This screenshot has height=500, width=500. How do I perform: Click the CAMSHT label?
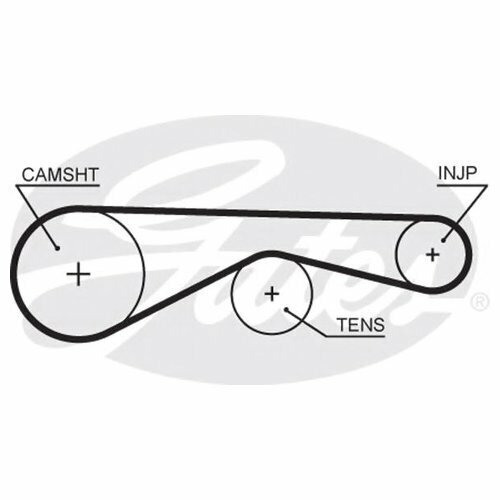pyautogui.click(x=60, y=175)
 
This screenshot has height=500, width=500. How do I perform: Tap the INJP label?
pyautogui.click(x=458, y=173)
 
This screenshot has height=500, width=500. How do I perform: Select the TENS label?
pyautogui.click(x=361, y=325)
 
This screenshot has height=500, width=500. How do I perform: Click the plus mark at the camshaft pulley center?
pyautogui.click(x=79, y=274)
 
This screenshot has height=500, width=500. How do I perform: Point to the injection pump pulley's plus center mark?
pyautogui.click(x=433, y=255)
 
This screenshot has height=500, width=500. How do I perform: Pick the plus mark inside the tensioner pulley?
pyautogui.click(x=272, y=294)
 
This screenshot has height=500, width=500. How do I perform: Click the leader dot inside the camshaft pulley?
pyautogui.click(x=57, y=248)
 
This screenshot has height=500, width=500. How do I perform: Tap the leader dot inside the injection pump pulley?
pyautogui.click(x=443, y=240)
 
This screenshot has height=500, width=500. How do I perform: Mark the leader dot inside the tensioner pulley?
pyautogui.click(x=286, y=309)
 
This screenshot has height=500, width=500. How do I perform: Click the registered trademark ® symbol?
pyautogui.click(x=480, y=302)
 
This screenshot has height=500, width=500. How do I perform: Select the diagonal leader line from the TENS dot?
pyautogui.click(x=305, y=323)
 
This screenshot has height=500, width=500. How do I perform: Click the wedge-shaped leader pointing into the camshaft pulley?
pyautogui.click(x=37, y=217)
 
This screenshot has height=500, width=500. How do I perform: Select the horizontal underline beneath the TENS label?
pyautogui.click(x=355, y=336)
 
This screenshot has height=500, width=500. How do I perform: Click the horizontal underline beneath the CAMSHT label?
pyautogui.click(x=58, y=185)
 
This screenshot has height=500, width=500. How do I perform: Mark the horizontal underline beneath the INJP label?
pyautogui.click(x=463, y=185)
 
